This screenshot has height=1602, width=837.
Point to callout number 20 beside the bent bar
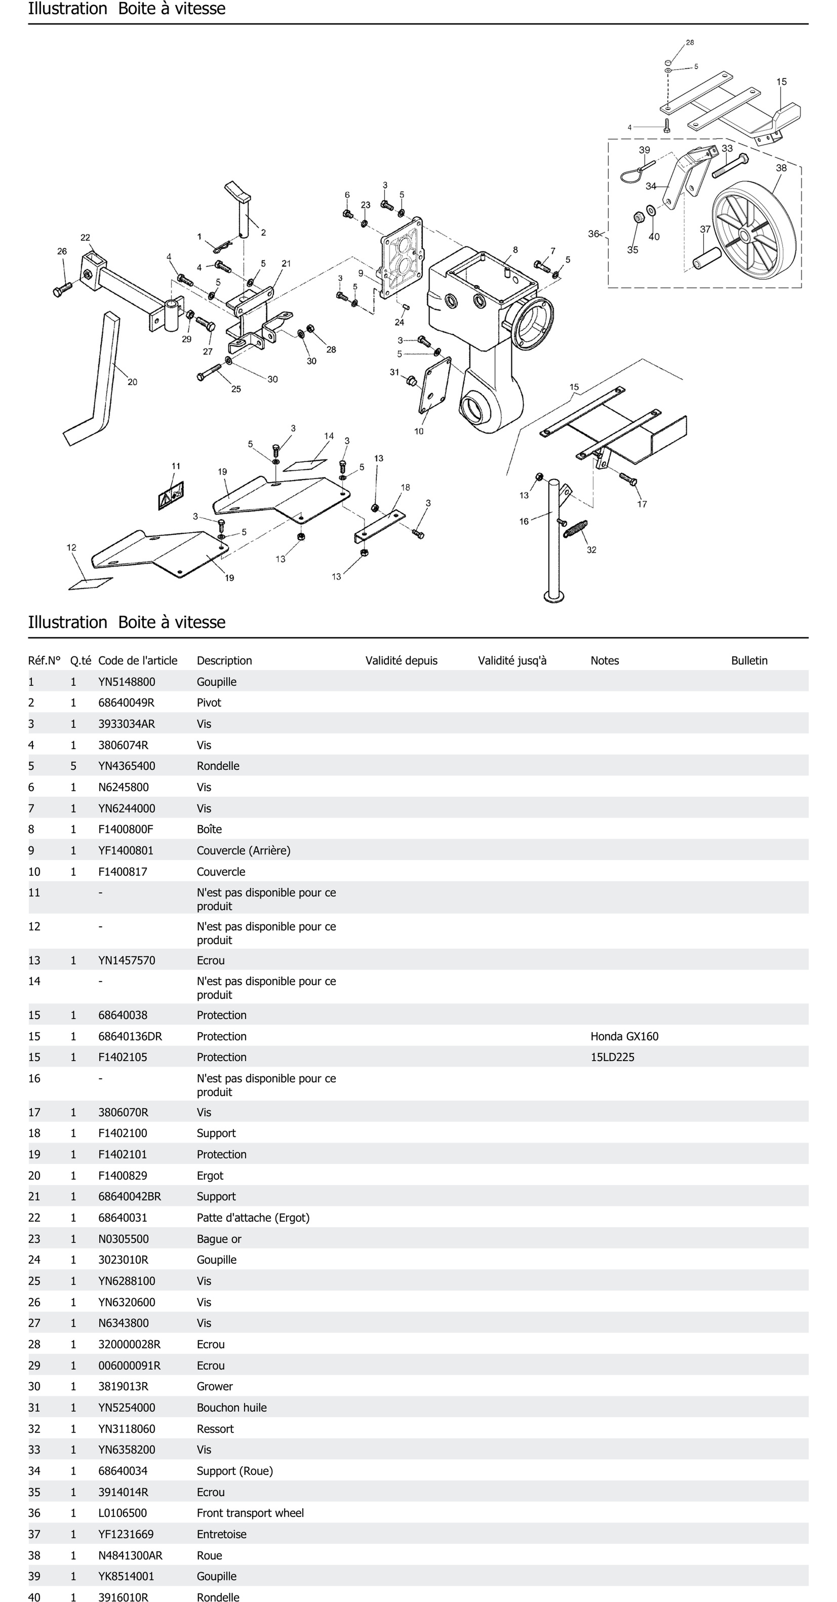[x=132, y=382]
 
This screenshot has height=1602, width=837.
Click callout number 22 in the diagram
[x=85, y=238]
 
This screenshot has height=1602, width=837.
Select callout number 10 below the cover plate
[x=419, y=431]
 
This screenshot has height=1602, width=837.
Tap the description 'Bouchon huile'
[x=231, y=1407]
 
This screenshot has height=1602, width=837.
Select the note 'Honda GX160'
[x=624, y=1036]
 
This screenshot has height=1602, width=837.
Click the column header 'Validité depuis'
[x=401, y=660]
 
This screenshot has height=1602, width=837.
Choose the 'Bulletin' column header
[x=749, y=660]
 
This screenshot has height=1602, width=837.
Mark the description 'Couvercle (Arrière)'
[x=243, y=850]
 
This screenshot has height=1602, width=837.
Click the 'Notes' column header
[x=604, y=660]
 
